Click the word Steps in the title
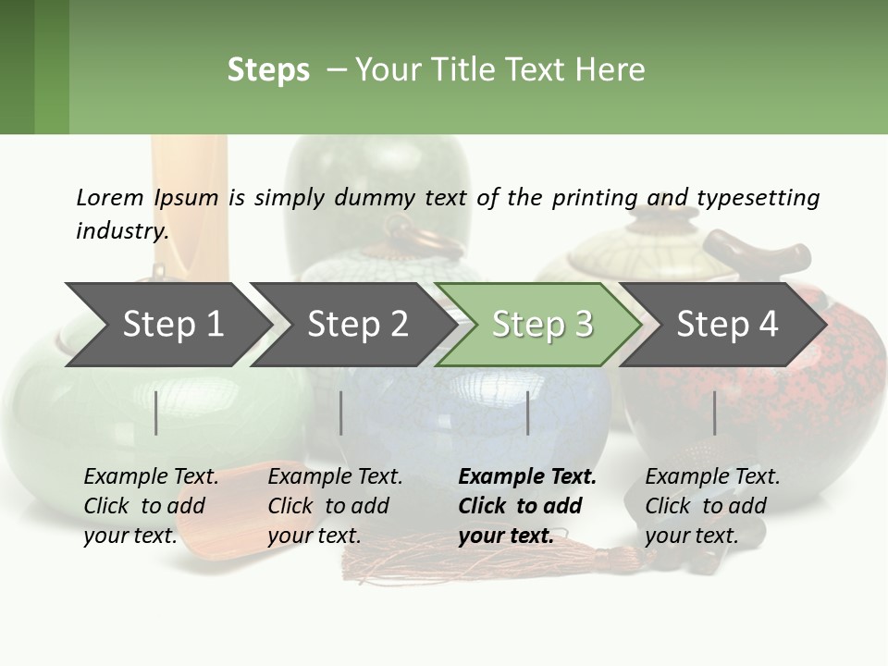pos(268,70)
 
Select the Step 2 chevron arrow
pos(357,324)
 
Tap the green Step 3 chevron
pos(541,324)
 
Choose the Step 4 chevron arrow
pos(726,324)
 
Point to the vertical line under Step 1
pos(156,413)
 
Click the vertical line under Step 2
pos(341,413)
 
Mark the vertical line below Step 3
pos(528,413)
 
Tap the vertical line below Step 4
pos(714,413)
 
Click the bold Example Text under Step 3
pos(527,506)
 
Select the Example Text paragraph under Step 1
pos(151,506)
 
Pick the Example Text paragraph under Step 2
pos(335,506)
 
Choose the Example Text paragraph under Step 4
pos(712,506)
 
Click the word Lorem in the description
pos(109,197)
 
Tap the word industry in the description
pos(121,231)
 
